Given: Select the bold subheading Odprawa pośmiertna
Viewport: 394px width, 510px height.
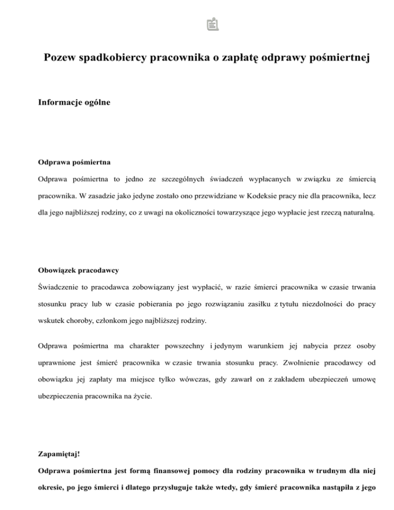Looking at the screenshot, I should click(x=74, y=163).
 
